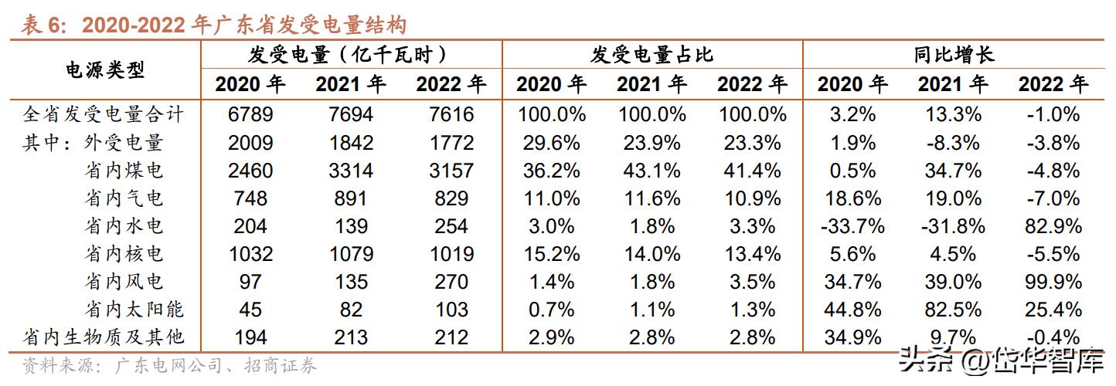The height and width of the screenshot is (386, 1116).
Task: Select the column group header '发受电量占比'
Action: [x=652, y=55]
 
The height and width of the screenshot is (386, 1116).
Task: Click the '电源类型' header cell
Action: [x=104, y=69]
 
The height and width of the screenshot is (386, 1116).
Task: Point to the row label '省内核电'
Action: [x=124, y=254]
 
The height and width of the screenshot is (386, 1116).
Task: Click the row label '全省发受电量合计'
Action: [x=104, y=115]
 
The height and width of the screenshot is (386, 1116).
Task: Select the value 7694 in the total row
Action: [x=350, y=115]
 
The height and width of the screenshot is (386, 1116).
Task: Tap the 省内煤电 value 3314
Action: [x=350, y=171]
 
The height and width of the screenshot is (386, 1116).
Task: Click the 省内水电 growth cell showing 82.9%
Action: [x=1053, y=226]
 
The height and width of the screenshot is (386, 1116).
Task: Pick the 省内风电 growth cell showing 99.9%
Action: [x=1053, y=282]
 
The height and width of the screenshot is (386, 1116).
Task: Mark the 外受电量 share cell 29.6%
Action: [x=551, y=143]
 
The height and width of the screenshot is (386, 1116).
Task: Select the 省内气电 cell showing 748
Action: [x=250, y=198]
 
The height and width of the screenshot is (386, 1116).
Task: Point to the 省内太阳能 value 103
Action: [x=451, y=310]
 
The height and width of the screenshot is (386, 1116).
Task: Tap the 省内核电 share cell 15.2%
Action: [x=551, y=254]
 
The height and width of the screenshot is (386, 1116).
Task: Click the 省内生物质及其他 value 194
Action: [x=250, y=337]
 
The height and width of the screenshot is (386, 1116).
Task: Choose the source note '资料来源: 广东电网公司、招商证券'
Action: [x=169, y=365]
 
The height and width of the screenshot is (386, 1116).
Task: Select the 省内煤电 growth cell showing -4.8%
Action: [x=1053, y=171]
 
